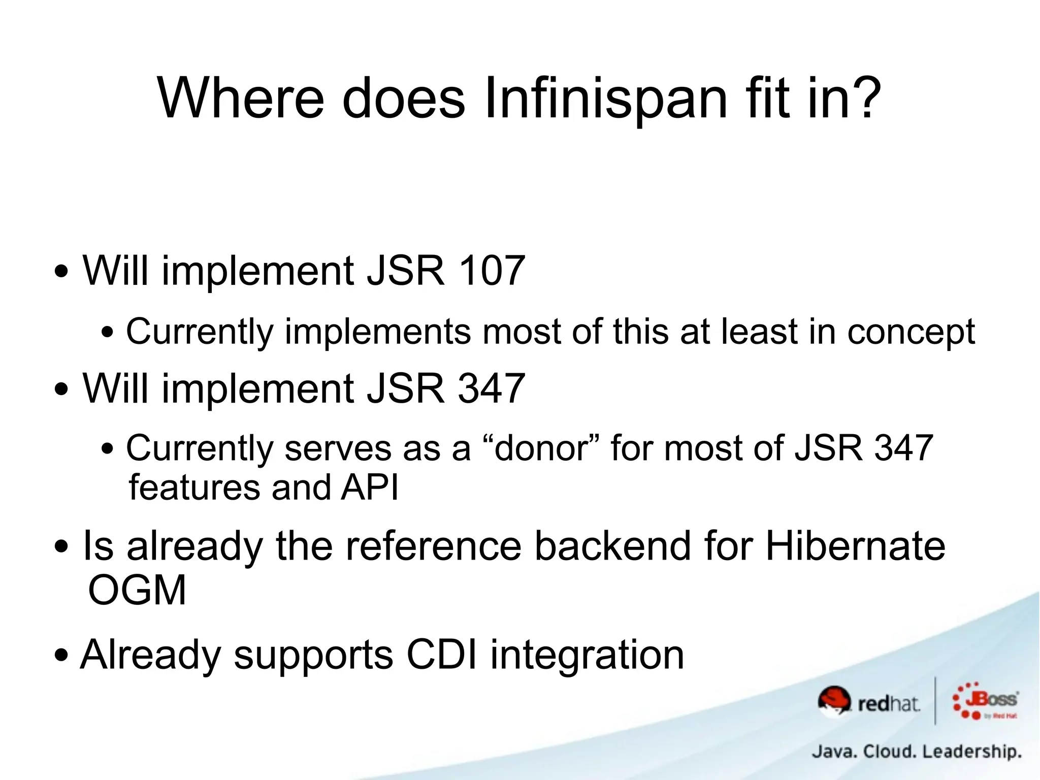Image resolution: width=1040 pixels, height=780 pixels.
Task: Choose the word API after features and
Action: pos(370,487)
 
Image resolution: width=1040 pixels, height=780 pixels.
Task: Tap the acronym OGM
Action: pos(137,591)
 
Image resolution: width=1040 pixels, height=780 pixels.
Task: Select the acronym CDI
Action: pos(442,655)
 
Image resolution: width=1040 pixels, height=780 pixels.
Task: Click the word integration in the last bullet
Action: pos(587,656)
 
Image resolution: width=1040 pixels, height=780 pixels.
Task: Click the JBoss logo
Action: pos(985,701)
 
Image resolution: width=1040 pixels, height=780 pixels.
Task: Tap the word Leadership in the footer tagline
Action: pos(971,751)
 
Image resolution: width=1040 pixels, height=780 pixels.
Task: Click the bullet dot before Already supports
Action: pos(61,656)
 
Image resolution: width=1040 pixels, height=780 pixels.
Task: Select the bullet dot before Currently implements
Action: pos(108,333)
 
